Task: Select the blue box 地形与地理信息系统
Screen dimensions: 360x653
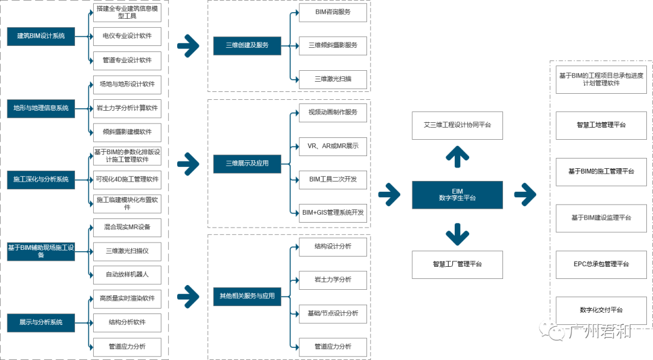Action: pos(41,108)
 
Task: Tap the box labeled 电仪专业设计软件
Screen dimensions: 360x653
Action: pos(127,36)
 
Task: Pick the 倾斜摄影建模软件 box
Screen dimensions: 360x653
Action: pos(127,132)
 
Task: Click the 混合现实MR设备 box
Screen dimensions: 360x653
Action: pos(127,227)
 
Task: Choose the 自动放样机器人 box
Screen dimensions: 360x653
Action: pos(127,275)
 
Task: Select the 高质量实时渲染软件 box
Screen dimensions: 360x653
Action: pos(127,298)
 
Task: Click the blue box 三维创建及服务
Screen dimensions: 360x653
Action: pos(247,45)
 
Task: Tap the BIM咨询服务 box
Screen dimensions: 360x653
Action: pos(333,12)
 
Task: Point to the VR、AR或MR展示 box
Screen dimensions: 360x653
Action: pos(333,146)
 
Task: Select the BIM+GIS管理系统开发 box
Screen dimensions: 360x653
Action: pos(333,213)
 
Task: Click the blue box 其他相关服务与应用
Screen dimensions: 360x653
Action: pos(247,296)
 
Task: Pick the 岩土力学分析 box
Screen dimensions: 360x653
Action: pos(333,280)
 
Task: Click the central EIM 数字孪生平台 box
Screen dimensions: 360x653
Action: pos(457,195)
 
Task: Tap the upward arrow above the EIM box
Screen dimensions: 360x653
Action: pos(457,156)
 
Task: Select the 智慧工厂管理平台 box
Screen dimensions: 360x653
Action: pos(457,264)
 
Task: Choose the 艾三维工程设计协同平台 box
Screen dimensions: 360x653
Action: pos(457,125)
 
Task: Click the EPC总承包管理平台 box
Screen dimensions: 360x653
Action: pos(601,264)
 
